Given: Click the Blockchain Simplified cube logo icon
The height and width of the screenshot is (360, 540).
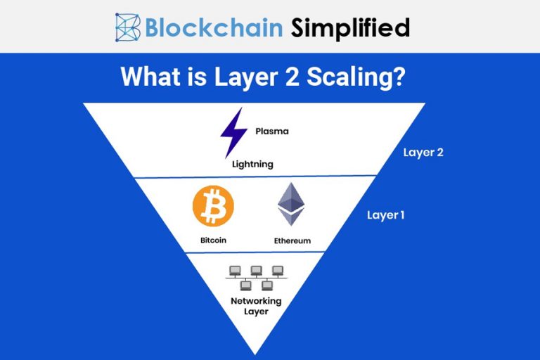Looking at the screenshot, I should pyautogui.click(x=129, y=27).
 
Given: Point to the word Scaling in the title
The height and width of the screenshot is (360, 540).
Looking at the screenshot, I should pyautogui.click(x=354, y=76).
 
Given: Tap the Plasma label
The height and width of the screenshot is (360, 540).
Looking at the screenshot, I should pyautogui.click(x=271, y=131).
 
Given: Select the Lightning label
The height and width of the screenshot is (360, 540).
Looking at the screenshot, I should pyautogui.click(x=252, y=164).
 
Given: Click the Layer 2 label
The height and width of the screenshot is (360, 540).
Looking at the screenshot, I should pyautogui.click(x=423, y=152).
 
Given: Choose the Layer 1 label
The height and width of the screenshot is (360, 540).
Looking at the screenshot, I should pyautogui.click(x=385, y=215).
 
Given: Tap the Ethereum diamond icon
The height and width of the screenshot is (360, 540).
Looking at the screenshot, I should pyautogui.click(x=290, y=205).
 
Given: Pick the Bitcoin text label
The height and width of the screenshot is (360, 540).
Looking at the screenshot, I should pyautogui.click(x=214, y=240).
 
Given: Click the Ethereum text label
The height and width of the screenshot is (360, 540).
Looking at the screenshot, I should pyautogui.click(x=292, y=240).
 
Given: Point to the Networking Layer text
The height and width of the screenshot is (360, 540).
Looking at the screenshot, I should pyautogui.click(x=256, y=306).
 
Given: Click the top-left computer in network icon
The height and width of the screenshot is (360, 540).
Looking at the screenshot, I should pyautogui.click(x=235, y=270).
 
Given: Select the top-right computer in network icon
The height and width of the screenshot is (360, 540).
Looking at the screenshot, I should pyautogui.click(x=278, y=270).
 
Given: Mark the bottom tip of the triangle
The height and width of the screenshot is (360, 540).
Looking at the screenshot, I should pyautogui.click(x=255, y=352).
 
